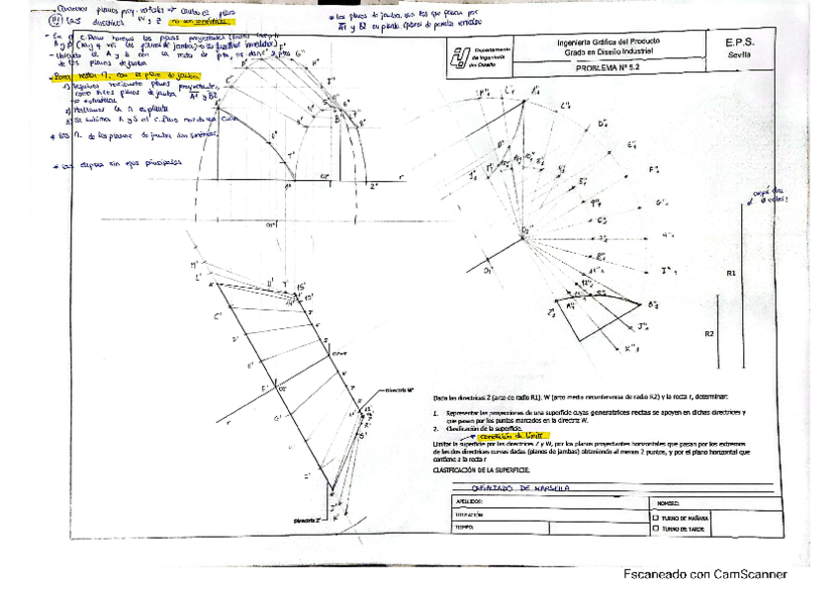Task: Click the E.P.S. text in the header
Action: [x=739, y=43]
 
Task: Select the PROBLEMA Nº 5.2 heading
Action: [x=609, y=70]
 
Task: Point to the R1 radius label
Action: [x=730, y=272]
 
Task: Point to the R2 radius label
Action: [x=709, y=334]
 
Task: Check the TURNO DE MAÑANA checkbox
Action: [x=655, y=516]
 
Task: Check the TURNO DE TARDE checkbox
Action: [x=655, y=529]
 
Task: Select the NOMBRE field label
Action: [x=668, y=503]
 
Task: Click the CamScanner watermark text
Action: [x=704, y=574]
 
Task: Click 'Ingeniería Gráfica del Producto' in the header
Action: [x=609, y=42]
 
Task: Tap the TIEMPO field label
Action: [x=467, y=528]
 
